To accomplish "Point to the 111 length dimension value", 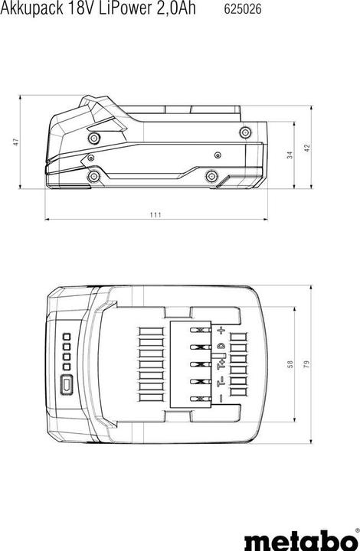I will pyautogui.click(x=155, y=215).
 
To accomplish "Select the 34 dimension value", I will pyautogui.click(x=289, y=155).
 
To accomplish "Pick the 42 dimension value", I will pyautogui.click(x=307, y=147).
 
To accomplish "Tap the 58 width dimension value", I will pyautogui.click(x=289, y=364).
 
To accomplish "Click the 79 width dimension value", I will pyautogui.click(x=306, y=364).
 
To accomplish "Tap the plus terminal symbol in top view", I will pyautogui.click(x=221, y=330).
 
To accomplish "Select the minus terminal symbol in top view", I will pyautogui.click(x=221, y=398).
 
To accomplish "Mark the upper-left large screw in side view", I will pyautogui.click(x=94, y=138).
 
